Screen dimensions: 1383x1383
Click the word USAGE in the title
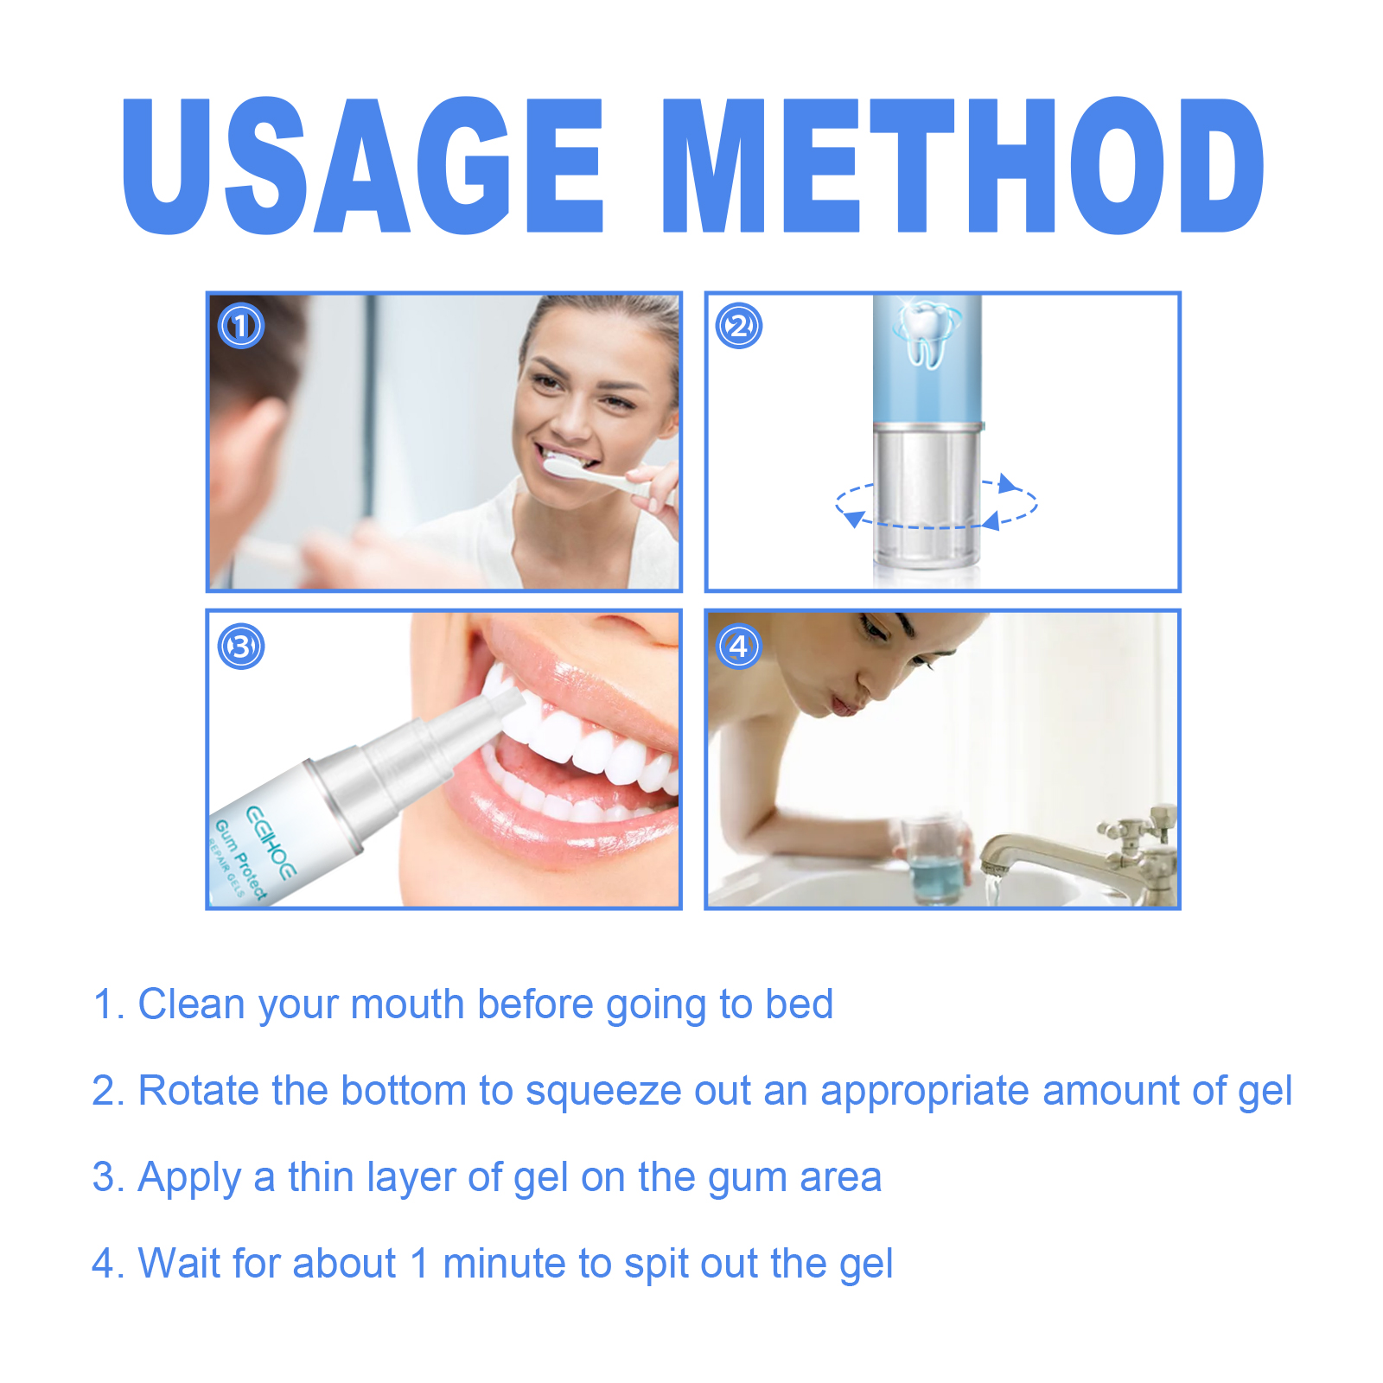pyautogui.click(x=361, y=166)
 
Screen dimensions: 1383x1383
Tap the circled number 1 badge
pyautogui.click(x=241, y=326)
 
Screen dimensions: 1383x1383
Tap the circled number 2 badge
pyautogui.click(x=739, y=326)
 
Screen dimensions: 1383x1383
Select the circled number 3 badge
pyautogui.click(x=241, y=647)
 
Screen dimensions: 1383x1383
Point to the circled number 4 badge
pyautogui.click(x=739, y=647)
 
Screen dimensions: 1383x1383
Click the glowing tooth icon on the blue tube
pyautogui.click(x=927, y=333)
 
